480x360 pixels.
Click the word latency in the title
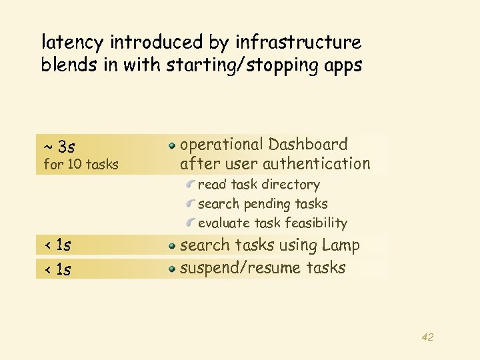(x=73, y=43)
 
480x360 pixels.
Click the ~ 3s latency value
(x=59, y=145)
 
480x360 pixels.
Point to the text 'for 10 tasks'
(x=81, y=164)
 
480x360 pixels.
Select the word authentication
(x=316, y=163)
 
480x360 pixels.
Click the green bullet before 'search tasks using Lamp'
(x=172, y=246)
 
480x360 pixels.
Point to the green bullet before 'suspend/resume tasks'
(x=172, y=269)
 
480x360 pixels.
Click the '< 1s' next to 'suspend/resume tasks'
(x=57, y=269)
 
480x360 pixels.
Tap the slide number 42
(x=427, y=337)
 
